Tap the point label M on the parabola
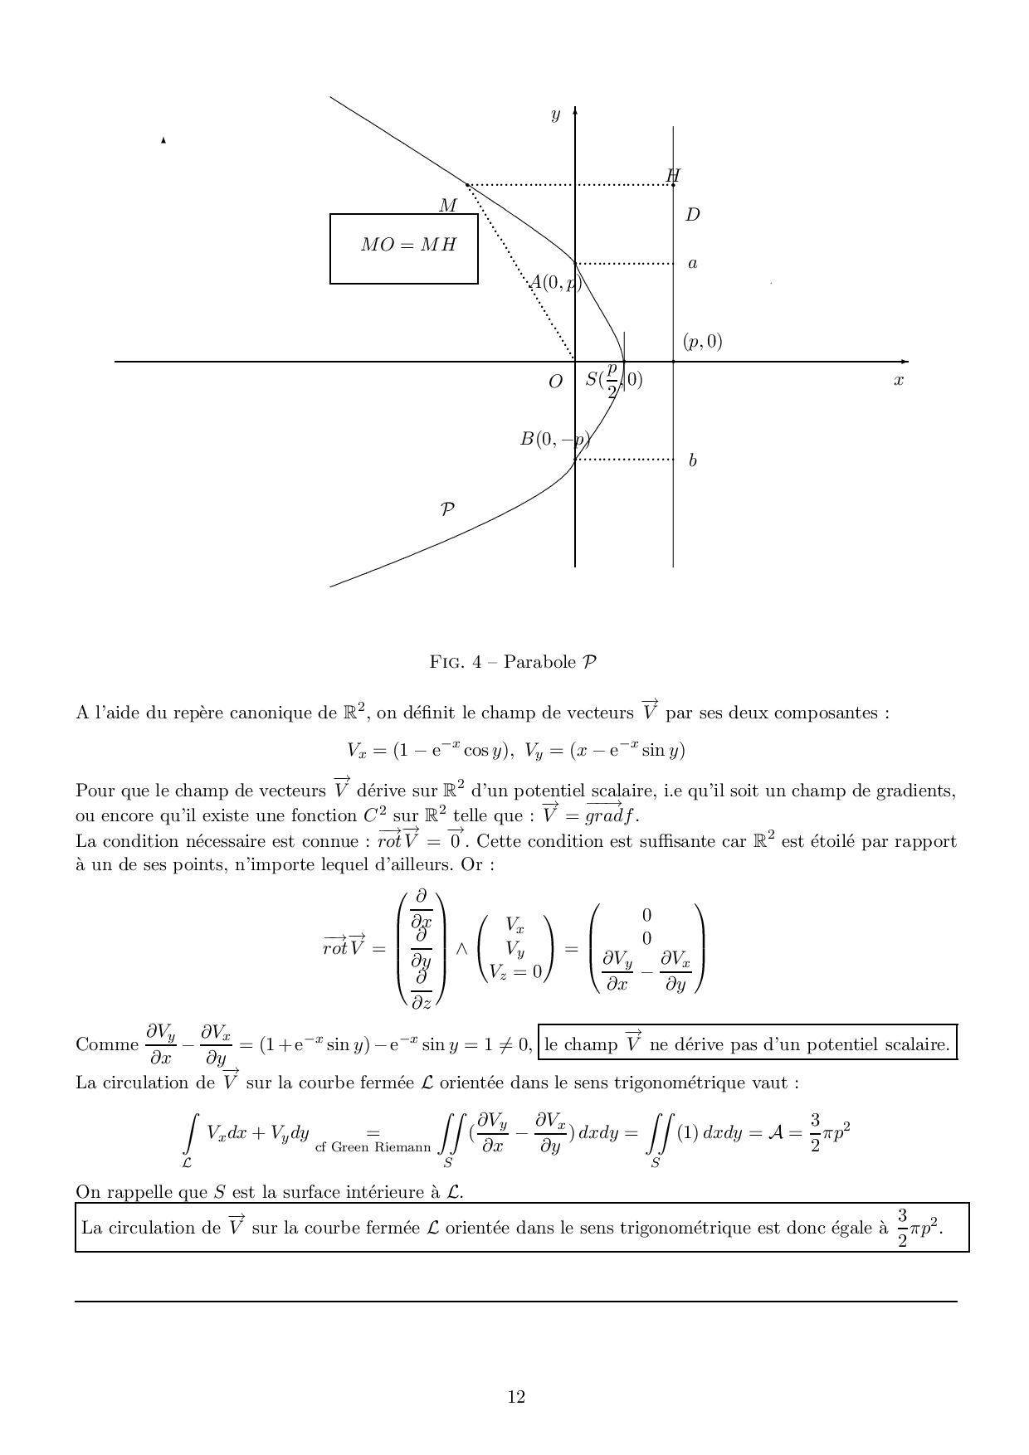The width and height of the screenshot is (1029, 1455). coord(447,205)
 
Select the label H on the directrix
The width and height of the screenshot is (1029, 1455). coord(673,175)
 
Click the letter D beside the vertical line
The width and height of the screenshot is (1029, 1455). coord(692,215)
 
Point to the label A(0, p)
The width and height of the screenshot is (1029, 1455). coord(556,282)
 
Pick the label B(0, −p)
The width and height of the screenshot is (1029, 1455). coord(554,440)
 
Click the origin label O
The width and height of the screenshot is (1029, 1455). coord(555,382)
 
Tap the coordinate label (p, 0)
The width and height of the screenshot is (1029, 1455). coord(702,341)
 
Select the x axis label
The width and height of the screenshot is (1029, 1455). coord(898,380)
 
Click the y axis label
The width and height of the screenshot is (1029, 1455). coord(555,115)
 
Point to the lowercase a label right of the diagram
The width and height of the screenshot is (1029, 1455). coord(692,264)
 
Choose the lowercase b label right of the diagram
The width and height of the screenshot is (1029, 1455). coord(692,460)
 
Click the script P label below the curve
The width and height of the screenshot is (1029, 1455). coord(447,509)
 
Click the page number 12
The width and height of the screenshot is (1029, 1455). coord(516,1397)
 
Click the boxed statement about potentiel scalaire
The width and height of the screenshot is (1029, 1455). coord(747,1044)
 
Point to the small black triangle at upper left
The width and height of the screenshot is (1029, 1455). coord(163,141)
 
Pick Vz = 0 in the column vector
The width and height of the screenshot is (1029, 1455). coord(515,972)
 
